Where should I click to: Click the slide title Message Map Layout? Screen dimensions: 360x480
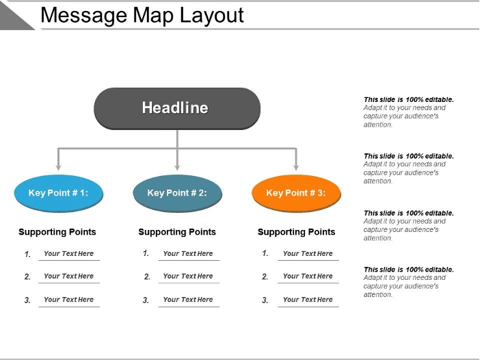[x=142, y=15]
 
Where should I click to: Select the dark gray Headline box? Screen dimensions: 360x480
[x=176, y=108]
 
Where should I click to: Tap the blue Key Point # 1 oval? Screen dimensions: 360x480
[x=59, y=193]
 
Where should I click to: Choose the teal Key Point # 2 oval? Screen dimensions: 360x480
[x=177, y=193]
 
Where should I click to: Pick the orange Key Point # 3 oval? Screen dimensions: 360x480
[x=296, y=193]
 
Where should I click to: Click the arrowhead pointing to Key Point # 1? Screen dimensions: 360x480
[x=59, y=166]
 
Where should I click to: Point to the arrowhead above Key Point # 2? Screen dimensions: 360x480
[x=177, y=166]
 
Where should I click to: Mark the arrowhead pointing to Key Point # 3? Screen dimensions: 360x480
[x=296, y=166]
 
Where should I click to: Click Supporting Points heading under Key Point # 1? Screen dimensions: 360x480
[x=57, y=232]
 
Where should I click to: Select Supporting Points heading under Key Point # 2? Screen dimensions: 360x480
[x=177, y=232]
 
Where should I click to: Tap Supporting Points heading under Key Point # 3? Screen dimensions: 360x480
[x=296, y=232]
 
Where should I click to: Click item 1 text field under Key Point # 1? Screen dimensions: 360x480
[x=68, y=254]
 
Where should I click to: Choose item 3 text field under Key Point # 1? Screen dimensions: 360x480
[x=68, y=300]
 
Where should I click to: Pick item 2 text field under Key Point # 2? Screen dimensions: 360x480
[x=188, y=277]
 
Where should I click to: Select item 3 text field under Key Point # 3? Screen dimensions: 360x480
[x=308, y=300]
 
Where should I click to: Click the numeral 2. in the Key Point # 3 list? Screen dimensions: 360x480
[x=265, y=277]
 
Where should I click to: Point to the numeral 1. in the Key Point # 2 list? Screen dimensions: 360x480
[x=146, y=253]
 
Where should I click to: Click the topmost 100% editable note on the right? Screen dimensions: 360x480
[x=408, y=112]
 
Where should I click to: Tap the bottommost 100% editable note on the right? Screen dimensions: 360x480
[x=408, y=282]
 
